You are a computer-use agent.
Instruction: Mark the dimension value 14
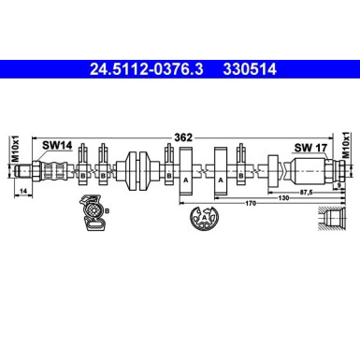point(22,192)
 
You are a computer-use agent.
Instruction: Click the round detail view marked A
point(202,222)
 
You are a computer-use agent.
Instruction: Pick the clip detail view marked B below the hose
point(93,213)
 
